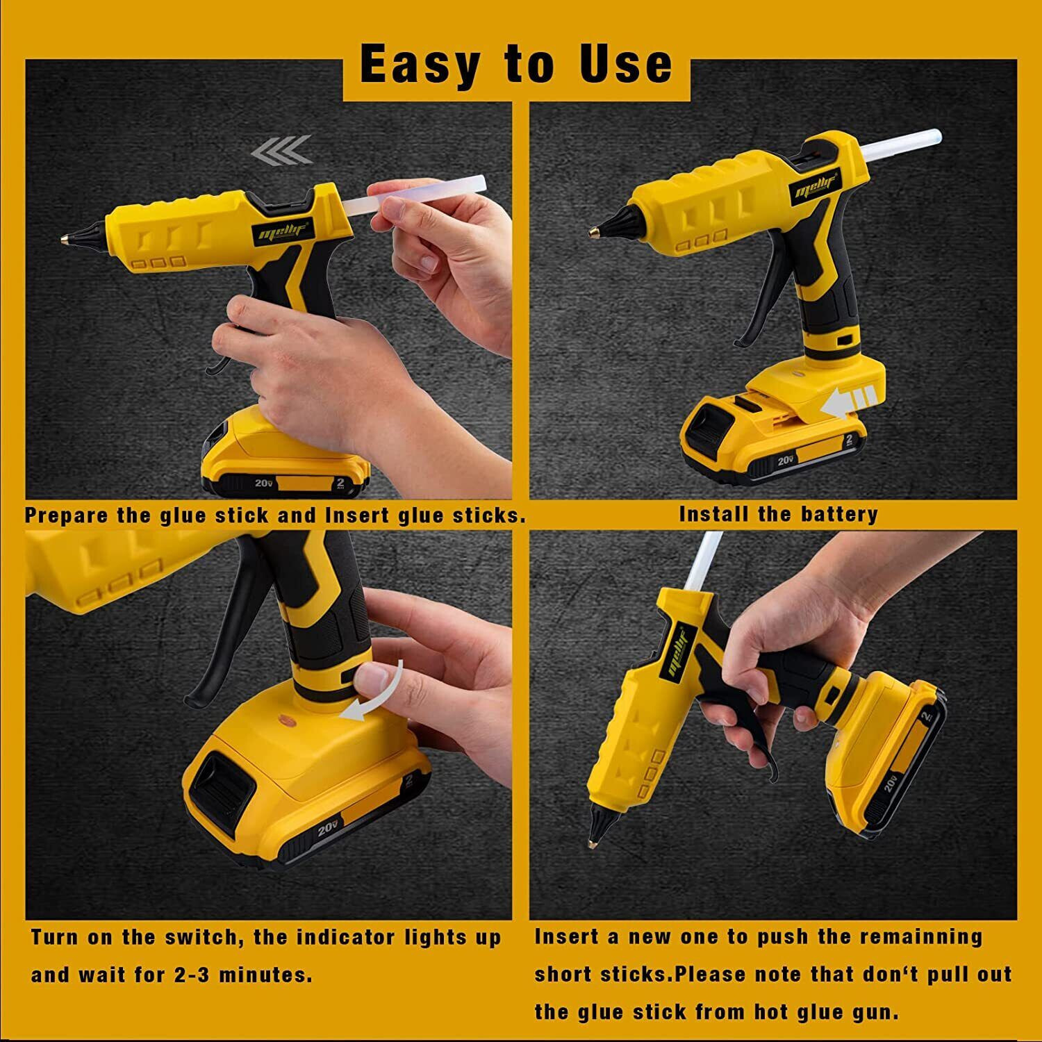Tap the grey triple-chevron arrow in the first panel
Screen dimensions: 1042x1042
[281, 149]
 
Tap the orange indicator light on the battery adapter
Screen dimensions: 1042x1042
[284, 720]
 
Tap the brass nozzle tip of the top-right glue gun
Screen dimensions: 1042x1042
[594, 229]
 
